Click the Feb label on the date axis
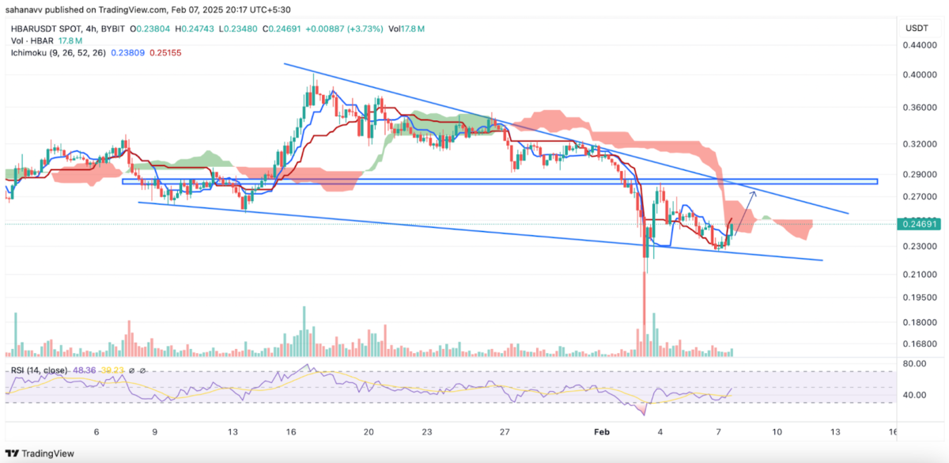click(602, 432)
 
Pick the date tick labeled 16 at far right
click(893, 432)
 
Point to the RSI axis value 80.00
click(915, 364)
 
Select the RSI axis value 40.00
click(915, 395)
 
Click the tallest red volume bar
click(644, 326)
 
